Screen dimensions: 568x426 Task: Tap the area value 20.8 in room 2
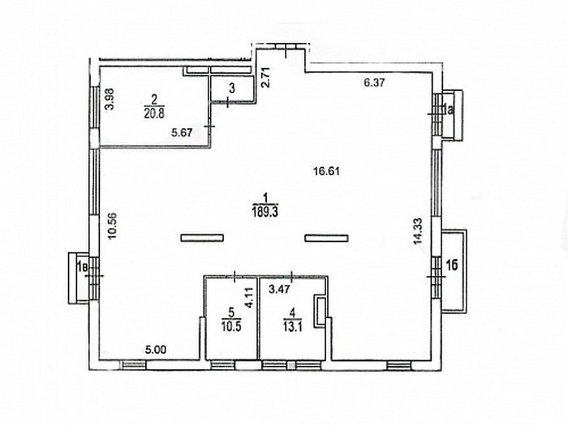(155, 114)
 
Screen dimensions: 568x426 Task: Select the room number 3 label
(232, 88)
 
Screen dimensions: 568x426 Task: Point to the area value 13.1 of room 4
(294, 327)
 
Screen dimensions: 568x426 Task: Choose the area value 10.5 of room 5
(232, 326)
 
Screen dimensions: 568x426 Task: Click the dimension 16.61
(326, 170)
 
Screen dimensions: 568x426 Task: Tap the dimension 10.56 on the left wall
(113, 225)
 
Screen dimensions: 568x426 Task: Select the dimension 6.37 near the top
(374, 83)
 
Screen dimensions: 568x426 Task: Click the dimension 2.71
(265, 78)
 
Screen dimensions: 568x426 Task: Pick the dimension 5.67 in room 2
(182, 133)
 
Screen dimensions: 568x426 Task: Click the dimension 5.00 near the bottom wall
(156, 350)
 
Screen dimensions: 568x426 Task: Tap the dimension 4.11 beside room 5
(248, 298)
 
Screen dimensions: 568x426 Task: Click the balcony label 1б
(451, 265)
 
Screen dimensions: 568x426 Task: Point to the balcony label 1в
(82, 268)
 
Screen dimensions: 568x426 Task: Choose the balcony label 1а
(448, 108)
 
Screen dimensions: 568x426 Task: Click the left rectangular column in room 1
(202, 238)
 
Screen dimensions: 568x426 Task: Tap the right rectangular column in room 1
(326, 238)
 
